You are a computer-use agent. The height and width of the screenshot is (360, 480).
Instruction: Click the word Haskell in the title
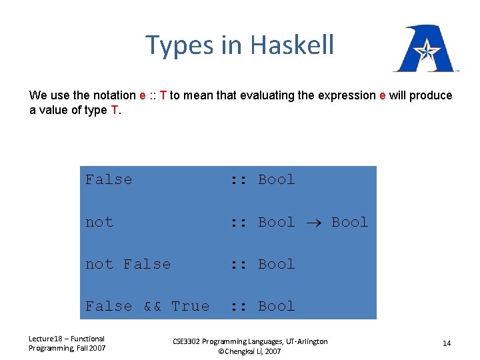click(x=292, y=45)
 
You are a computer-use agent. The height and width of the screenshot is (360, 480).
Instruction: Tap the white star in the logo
click(x=424, y=50)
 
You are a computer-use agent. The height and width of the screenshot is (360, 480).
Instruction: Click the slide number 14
click(x=447, y=343)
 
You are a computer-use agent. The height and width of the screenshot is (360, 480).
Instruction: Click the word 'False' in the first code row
click(x=109, y=179)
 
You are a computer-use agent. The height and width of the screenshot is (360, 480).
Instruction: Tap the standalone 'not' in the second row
click(x=99, y=222)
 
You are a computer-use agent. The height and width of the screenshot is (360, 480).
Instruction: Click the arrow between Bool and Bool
click(x=313, y=223)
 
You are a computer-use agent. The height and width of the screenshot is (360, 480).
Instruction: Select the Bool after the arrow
click(x=349, y=222)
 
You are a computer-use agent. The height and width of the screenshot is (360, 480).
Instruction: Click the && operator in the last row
click(x=153, y=306)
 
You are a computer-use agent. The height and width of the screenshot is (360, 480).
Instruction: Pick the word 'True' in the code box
click(x=190, y=306)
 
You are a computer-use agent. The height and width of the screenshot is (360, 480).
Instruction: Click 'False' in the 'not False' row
click(x=147, y=264)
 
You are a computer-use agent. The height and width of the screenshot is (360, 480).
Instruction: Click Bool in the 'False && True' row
click(x=276, y=306)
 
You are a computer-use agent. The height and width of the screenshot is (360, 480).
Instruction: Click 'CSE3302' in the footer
click(x=189, y=341)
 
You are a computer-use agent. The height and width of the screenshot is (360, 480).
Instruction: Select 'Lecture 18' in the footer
click(x=47, y=339)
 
